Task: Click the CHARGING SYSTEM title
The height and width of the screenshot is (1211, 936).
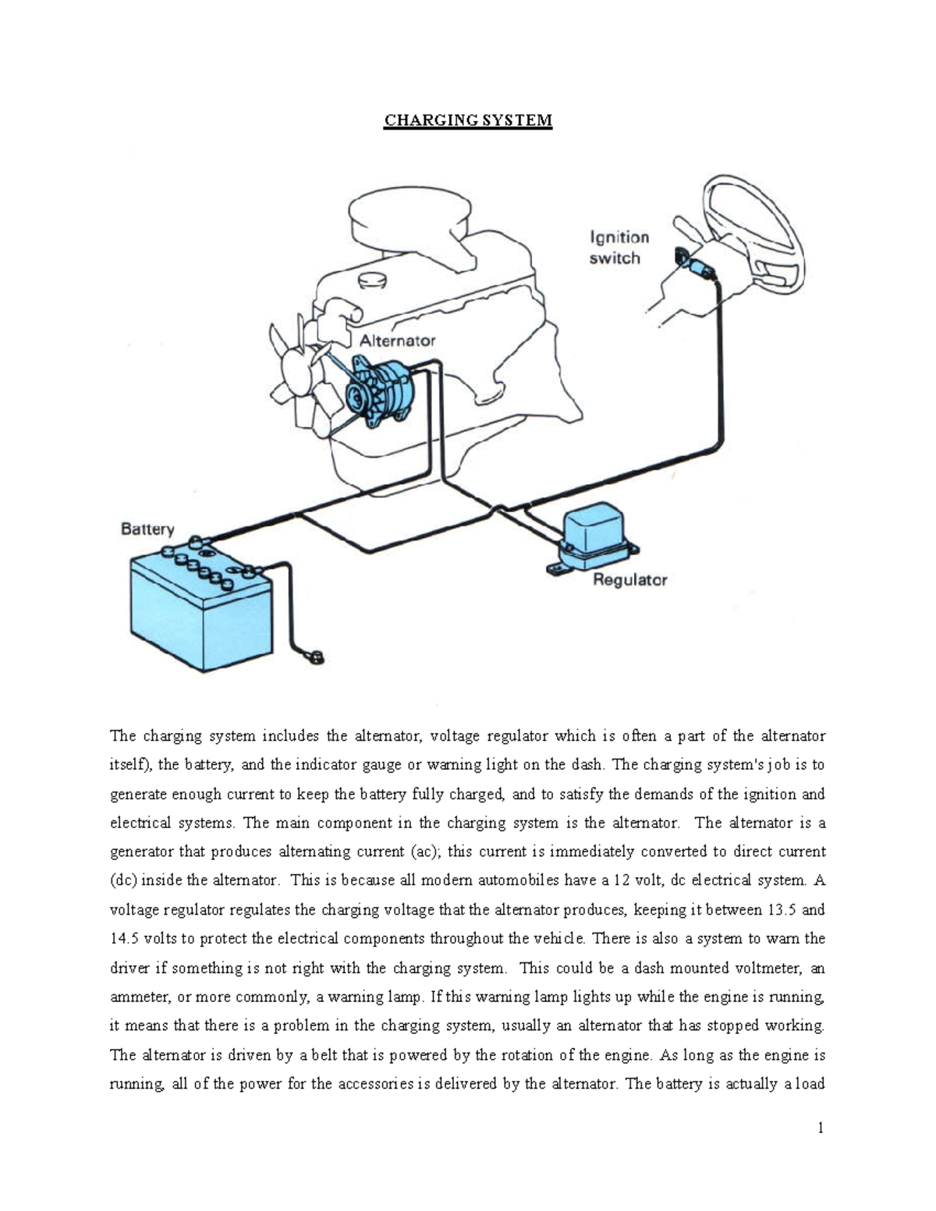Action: pos(467,120)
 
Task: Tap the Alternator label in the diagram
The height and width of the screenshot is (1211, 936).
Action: pos(397,341)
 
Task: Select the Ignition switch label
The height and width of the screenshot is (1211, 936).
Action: pos(619,247)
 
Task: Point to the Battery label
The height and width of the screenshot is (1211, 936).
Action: pos(147,529)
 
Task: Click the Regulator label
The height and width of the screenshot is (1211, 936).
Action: pos(630,579)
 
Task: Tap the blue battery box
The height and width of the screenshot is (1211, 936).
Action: pos(199,616)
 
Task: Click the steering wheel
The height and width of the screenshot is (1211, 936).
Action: pos(753,234)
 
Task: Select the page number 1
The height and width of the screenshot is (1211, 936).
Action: pos(821,1128)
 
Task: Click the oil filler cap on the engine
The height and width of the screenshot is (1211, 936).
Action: pos(372,280)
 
